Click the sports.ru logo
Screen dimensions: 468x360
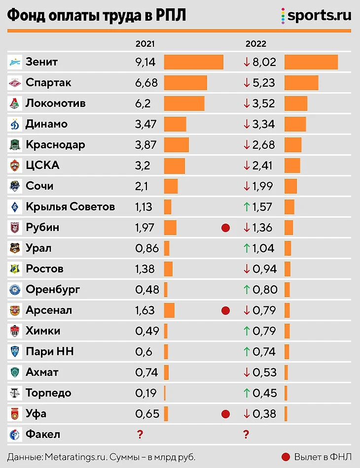[316, 15]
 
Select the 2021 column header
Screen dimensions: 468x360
[145, 43]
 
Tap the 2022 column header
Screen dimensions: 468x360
[255, 43]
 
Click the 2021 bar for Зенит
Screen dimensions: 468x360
[193, 62]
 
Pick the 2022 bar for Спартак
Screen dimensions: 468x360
[301, 83]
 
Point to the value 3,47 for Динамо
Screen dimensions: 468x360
[145, 124]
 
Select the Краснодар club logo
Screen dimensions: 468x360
[15, 145]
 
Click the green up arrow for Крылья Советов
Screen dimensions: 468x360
[247, 207]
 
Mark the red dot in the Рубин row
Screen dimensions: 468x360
[225, 228]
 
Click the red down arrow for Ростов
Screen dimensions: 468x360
[247, 269]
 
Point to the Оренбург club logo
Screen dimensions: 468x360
[15, 290]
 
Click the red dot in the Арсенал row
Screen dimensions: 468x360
[225, 310]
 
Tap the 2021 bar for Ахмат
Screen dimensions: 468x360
[166, 372]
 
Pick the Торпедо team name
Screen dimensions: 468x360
[48, 393]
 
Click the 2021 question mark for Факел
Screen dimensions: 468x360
[140, 435]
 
